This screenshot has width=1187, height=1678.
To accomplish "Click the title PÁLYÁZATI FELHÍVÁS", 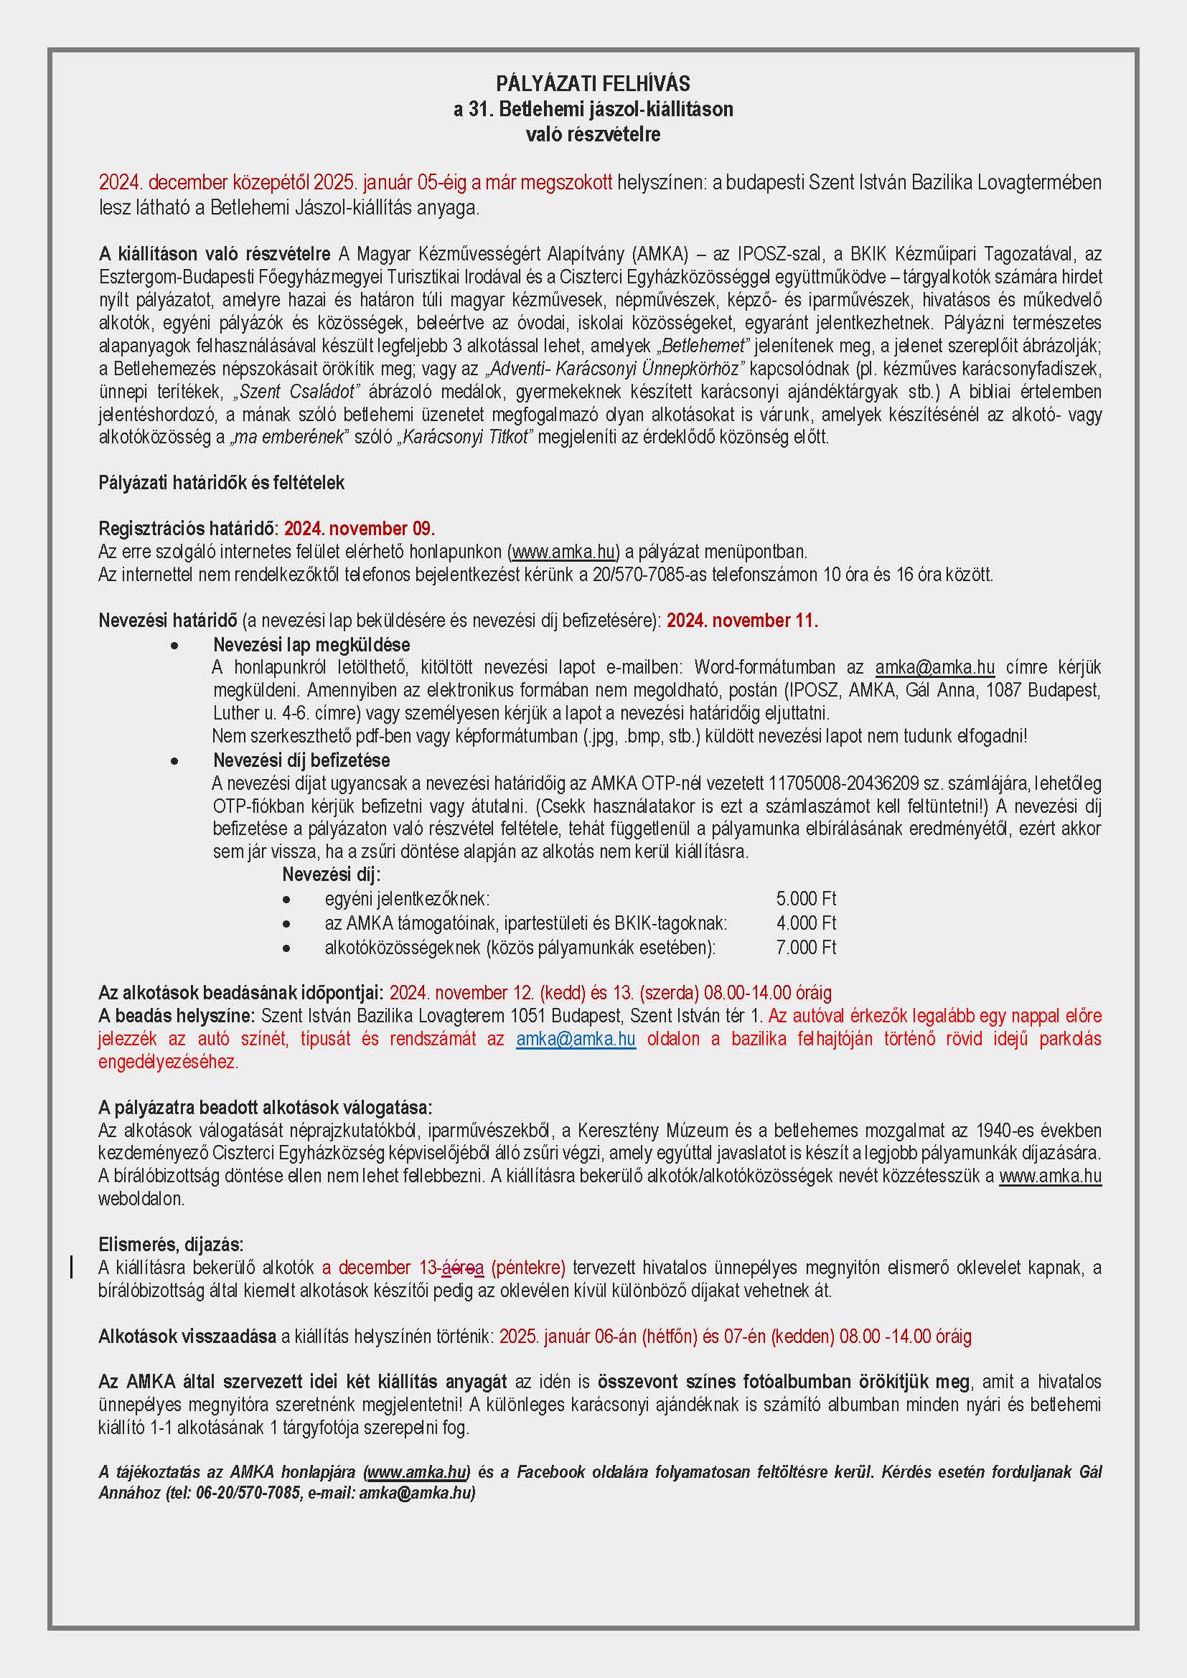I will [593, 84].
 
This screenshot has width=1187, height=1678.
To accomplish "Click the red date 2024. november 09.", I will [359, 529].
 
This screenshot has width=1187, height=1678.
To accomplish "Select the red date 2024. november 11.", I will [742, 621].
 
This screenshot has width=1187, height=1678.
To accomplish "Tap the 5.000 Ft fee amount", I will [805, 898].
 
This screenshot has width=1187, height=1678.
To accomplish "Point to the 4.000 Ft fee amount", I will [805, 923].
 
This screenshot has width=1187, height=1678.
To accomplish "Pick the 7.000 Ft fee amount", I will [805, 948].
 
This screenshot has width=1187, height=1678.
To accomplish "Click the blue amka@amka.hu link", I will [576, 1040].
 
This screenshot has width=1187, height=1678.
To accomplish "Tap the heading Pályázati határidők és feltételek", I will [222, 483].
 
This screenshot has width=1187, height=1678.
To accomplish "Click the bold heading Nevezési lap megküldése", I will [311, 645].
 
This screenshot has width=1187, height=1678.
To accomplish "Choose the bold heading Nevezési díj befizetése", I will [301, 760].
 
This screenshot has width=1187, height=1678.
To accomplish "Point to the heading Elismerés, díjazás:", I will [171, 1245].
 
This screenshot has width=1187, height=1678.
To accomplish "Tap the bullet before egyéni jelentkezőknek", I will [286, 900].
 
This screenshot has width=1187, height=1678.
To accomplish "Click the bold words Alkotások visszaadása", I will [187, 1337].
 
